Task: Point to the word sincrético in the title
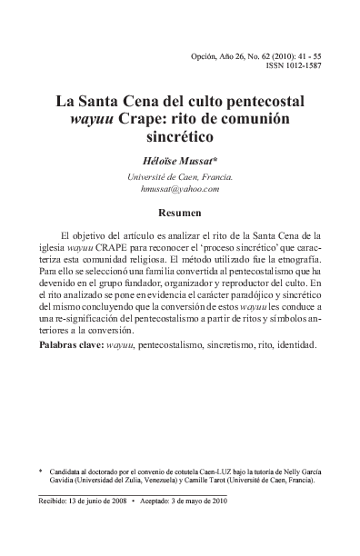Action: [x=183, y=139]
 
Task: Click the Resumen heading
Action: [x=180, y=213]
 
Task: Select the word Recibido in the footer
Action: [x=58, y=500]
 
